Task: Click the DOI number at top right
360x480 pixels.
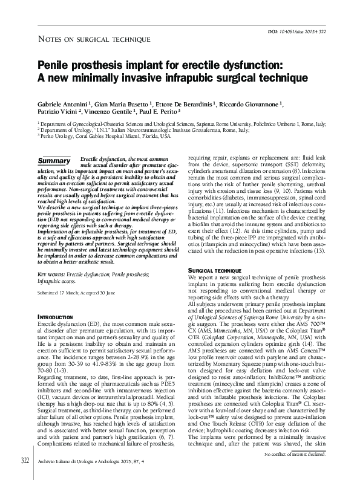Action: pyautogui.click(x=306, y=31)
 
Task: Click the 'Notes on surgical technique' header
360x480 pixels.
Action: pyautogui.click(x=94, y=40)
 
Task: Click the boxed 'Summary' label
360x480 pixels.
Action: pyautogui.click(x=54, y=161)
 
